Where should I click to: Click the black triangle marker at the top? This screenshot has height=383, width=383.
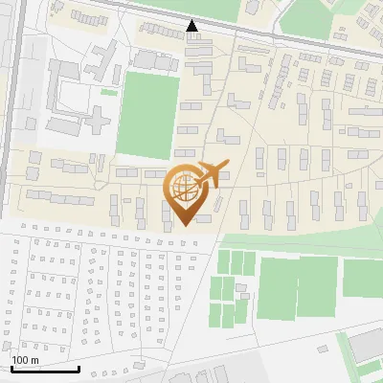point(191,26)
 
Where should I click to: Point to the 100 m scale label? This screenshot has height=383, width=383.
point(25,360)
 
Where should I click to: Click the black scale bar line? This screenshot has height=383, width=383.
point(45,369)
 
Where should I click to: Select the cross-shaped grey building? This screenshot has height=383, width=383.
point(97,120)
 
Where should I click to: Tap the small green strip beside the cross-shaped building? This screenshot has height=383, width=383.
point(109,92)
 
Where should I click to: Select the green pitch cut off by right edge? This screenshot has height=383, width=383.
point(363,278)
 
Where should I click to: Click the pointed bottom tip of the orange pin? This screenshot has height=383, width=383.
point(185,224)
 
